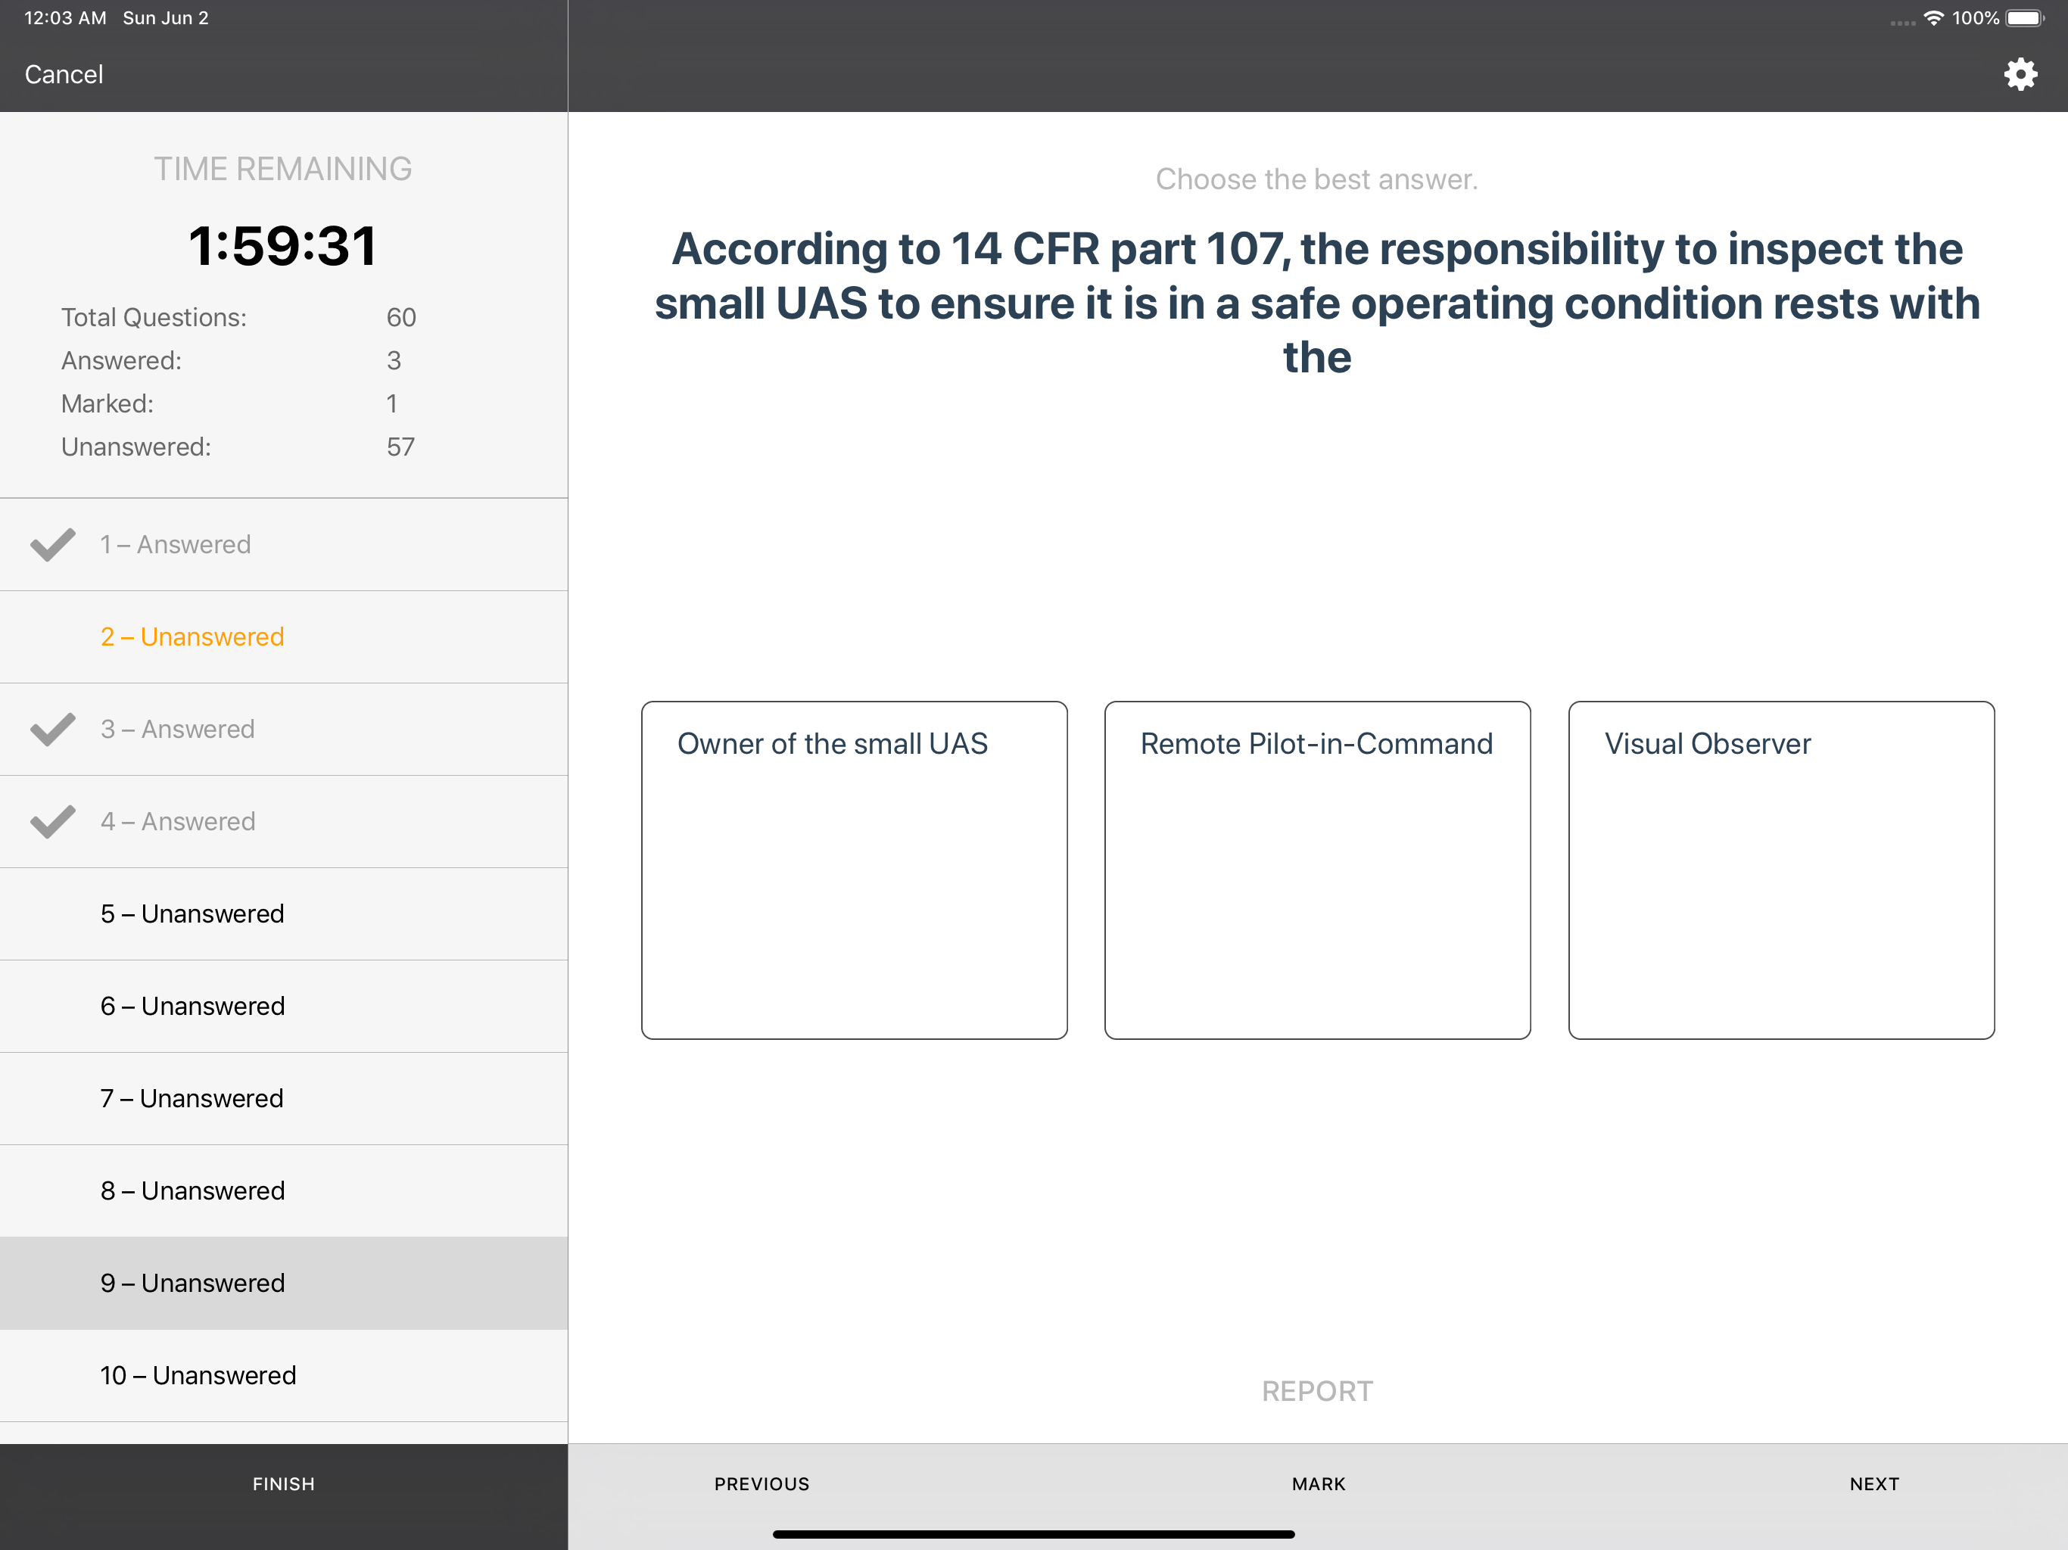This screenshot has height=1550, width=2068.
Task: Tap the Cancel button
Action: (x=64, y=75)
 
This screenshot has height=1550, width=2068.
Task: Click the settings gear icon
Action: (x=2020, y=75)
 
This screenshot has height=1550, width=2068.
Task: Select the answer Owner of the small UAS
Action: (x=854, y=870)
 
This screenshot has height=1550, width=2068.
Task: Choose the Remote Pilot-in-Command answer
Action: (x=1317, y=870)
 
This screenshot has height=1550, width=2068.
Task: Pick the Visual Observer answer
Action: (x=1781, y=870)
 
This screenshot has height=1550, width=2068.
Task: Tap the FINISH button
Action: (x=283, y=1483)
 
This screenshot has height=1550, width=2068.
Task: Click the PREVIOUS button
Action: (x=762, y=1483)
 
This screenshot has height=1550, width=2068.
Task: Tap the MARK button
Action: (x=1318, y=1483)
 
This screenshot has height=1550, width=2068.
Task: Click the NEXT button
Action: (x=1874, y=1483)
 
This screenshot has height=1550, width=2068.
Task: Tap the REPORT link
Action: (x=1317, y=1391)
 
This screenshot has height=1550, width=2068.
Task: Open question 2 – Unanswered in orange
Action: (x=192, y=636)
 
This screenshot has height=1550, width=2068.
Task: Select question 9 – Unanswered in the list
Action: (x=192, y=1283)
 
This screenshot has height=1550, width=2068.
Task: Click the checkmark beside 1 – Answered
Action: (x=52, y=544)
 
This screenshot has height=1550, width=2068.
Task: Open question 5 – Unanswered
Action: (x=192, y=914)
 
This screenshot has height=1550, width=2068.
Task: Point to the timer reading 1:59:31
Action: (x=282, y=246)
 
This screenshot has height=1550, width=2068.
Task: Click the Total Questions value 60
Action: (x=401, y=318)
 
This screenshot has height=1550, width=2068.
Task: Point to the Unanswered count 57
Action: (x=400, y=447)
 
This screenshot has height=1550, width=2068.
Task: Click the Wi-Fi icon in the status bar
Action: (x=1933, y=17)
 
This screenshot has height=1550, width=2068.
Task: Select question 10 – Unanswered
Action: (x=198, y=1375)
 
